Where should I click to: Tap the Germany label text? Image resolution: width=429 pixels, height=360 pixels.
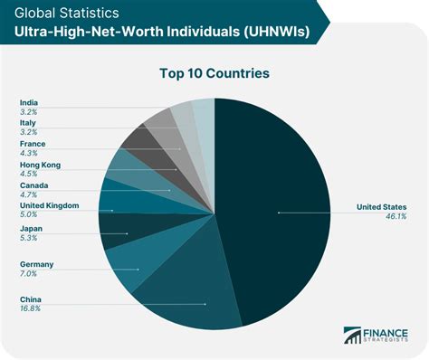(x=37, y=264)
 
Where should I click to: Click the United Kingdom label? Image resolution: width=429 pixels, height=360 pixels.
(x=49, y=205)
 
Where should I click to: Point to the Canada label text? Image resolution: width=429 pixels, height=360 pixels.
(x=34, y=185)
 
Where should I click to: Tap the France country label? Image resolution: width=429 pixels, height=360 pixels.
(x=33, y=143)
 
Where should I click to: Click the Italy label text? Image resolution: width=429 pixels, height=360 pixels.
(x=28, y=122)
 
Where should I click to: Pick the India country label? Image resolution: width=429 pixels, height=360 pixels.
(x=29, y=101)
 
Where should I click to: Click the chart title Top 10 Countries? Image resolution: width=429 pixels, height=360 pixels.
(x=214, y=72)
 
